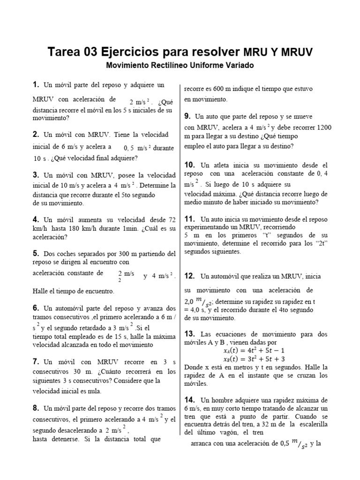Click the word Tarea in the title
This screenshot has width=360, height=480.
tap(68, 52)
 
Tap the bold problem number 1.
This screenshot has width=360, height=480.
tap(35, 85)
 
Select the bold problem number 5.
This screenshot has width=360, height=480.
tap(36, 253)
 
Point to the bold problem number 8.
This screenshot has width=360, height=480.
tap(36, 408)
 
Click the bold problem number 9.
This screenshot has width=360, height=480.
tap(187, 116)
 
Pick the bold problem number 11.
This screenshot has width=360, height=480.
tap(189, 219)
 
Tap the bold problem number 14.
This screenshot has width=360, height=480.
tap(189, 399)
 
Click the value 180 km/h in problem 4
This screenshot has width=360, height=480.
tap(94, 228)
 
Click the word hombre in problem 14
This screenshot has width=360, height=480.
tap(223, 400)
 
